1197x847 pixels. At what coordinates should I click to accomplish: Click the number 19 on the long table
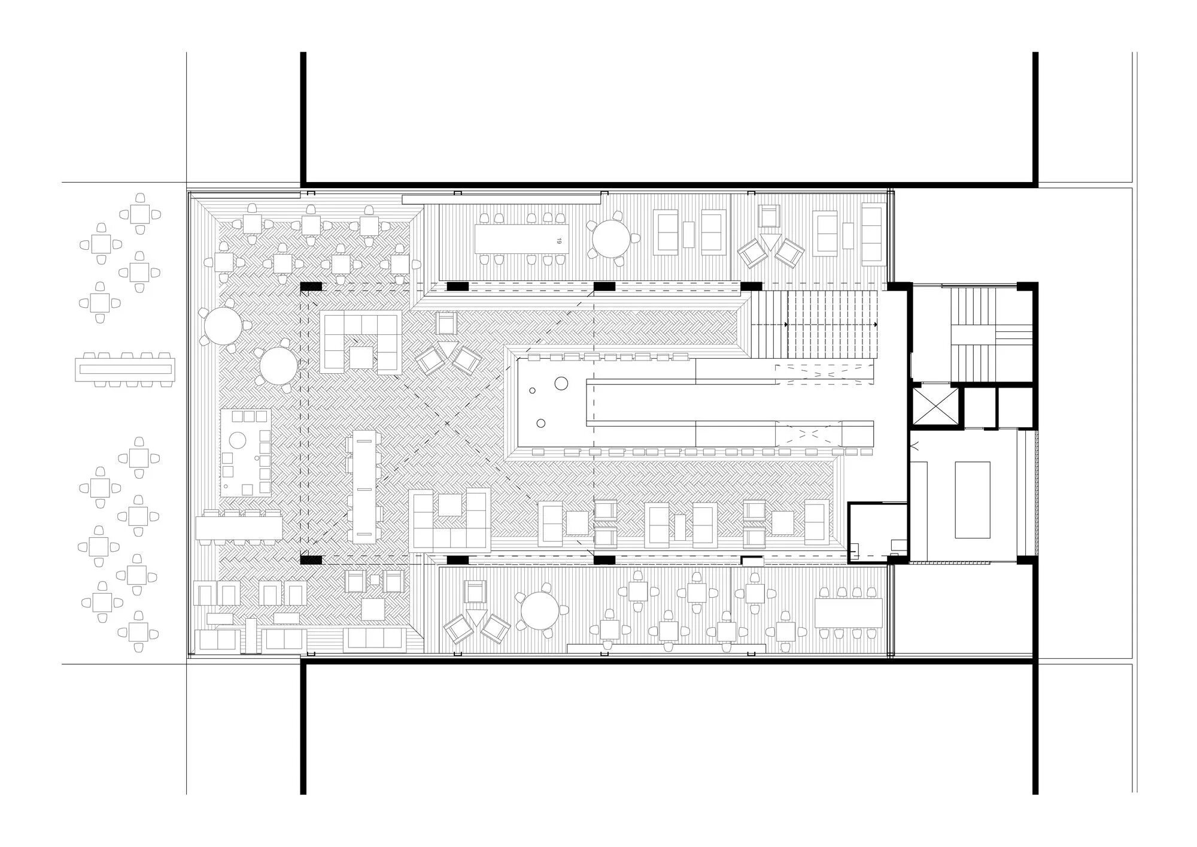click(559, 240)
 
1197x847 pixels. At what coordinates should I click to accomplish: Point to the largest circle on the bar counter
click(561, 383)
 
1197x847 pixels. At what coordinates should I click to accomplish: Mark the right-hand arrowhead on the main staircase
click(875, 324)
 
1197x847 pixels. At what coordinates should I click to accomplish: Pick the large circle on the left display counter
click(238, 440)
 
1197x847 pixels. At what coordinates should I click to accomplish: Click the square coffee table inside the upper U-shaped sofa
click(362, 358)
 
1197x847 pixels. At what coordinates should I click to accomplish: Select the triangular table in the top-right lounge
click(771, 241)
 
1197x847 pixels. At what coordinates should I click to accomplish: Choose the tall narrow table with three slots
click(364, 486)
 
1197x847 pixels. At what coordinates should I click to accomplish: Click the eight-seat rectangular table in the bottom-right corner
click(849, 613)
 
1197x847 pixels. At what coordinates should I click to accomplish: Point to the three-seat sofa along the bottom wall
click(371, 640)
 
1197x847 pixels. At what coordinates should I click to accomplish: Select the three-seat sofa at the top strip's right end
click(873, 234)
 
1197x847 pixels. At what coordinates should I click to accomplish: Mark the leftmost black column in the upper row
click(311, 288)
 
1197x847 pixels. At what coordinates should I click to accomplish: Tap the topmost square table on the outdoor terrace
click(140, 214)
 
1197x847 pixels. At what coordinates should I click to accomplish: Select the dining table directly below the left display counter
click(239, 527)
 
